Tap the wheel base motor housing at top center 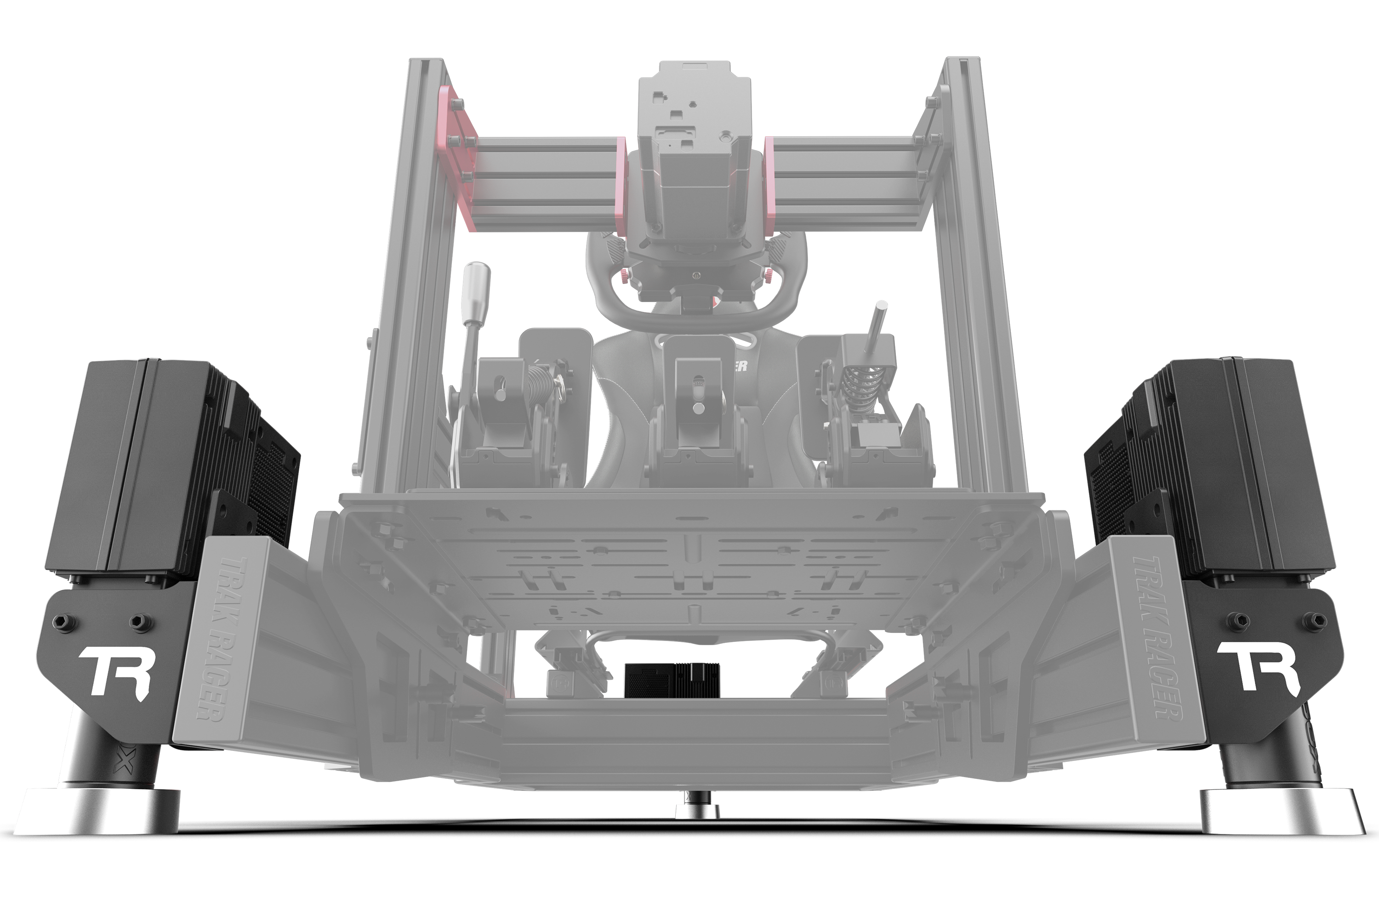point(694,176)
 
